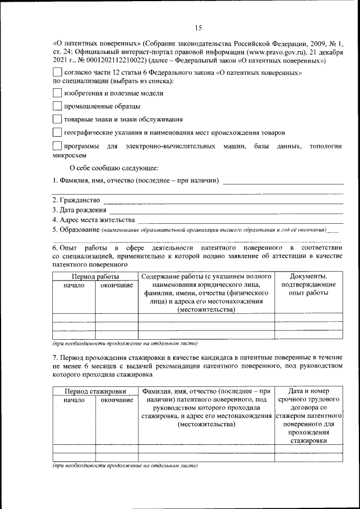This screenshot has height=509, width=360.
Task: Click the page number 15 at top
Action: [198, 28]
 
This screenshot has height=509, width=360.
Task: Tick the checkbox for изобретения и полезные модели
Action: [56, 93]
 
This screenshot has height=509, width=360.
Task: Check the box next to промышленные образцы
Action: [56, 106]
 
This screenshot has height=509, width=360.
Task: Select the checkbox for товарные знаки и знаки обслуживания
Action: [56, 119]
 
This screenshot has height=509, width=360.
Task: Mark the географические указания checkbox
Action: [56, 133]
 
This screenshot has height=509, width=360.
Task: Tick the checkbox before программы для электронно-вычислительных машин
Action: [56, 146]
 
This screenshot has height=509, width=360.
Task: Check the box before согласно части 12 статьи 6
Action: [56, 73]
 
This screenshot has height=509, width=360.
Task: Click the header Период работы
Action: [94, 277]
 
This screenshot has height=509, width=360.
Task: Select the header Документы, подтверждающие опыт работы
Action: [308, 285]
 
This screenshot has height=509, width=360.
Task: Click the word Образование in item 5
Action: [79, 229]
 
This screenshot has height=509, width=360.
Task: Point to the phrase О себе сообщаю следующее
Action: [114, 168]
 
